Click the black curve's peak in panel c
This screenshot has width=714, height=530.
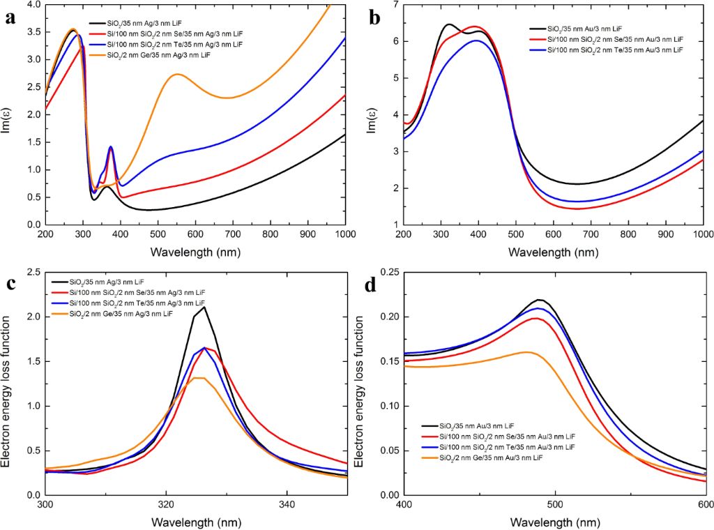point(203,308)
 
